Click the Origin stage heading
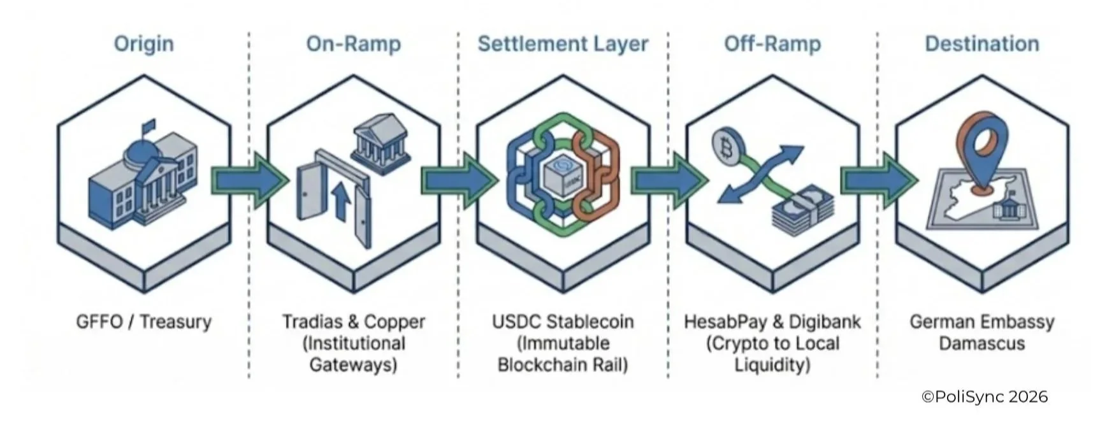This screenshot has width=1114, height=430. coord(143,44)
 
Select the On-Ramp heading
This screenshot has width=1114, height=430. coord(353,44)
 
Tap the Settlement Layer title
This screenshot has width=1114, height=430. coord(563,44)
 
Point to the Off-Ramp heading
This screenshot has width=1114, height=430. coord(772,44)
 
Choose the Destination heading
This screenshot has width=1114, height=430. coord(981,44)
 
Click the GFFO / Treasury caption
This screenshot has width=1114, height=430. coord(143,322)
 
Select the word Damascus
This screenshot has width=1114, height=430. coord(981,344)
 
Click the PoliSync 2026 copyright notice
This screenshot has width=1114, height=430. coord(984,397)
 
